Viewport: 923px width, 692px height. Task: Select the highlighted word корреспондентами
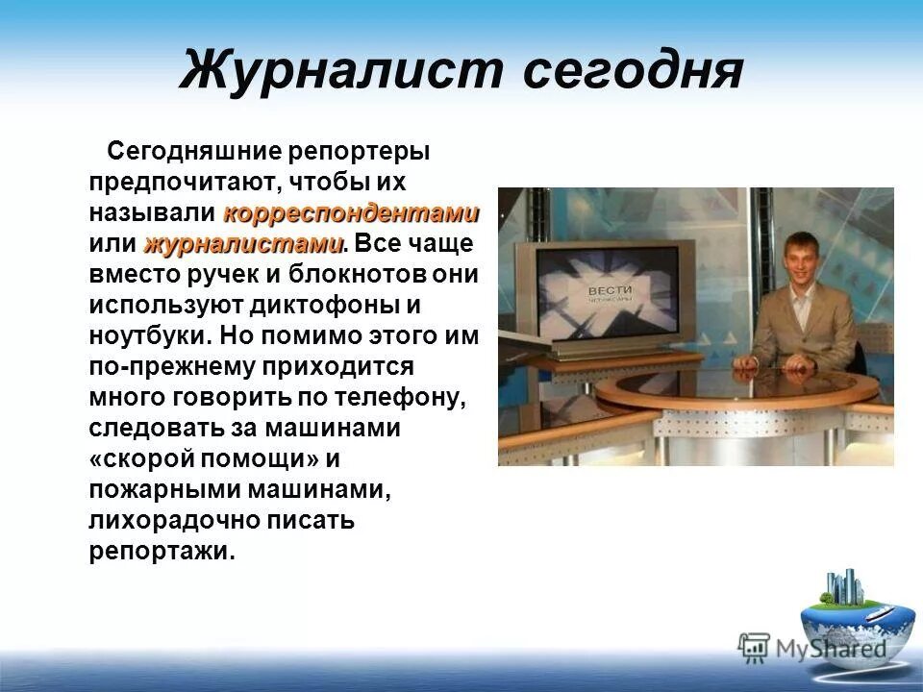tap(351, 211)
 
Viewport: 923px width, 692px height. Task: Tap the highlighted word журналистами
tap(244, 242)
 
